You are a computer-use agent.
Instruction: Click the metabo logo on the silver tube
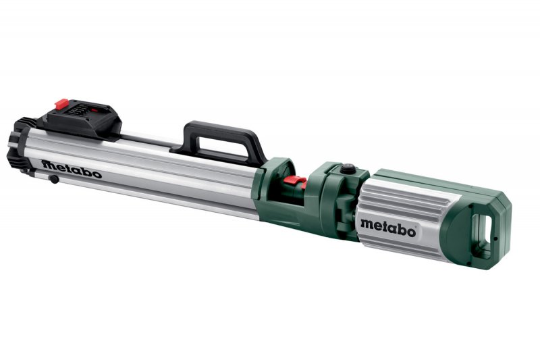click(x=71, y=169)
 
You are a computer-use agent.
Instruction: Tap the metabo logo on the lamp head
click(x=387, y=225)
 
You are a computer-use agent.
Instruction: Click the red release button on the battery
click(x=60, y=104)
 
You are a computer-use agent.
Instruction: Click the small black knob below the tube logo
click(x=53, y=179)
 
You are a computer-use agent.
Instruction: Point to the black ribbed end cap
click(x=20, y=145)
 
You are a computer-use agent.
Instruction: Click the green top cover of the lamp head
click(x=432, y=179)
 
